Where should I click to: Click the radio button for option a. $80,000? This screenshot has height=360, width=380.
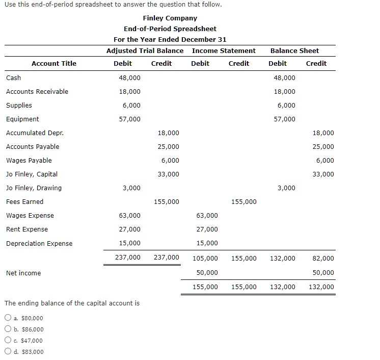click(x=8, y=318)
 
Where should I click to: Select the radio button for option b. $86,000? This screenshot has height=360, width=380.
click(x=8, y=329)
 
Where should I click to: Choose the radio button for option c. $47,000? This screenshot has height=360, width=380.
click(x=8, y=341)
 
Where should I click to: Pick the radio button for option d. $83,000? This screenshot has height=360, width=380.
click(x=8, y=352)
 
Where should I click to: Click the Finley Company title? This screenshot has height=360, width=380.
click(x=170, y=18)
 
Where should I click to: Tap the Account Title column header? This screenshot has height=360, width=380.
click(x=54, y=63)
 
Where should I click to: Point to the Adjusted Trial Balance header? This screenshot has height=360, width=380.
click(x=145, y=50)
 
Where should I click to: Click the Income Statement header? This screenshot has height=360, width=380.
click(x=224, y=50)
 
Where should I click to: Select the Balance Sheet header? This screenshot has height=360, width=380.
click(x=294, y=50)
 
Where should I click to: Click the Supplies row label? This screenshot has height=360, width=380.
click(x=19, y=105)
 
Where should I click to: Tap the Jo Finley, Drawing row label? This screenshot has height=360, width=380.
click(x=34, y=188)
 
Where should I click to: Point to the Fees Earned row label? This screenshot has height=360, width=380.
click(x=24, y=201)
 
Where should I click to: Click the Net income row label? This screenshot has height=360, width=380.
click(x=23, y=273)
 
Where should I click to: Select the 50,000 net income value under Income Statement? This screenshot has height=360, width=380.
click(x=207, y=273)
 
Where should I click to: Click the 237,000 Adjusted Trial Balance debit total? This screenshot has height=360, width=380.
click(x=128, y=258)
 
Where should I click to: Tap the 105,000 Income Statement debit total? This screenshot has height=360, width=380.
click(x=205, y=258)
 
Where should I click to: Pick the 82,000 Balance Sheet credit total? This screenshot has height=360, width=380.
click(x=323, y=258)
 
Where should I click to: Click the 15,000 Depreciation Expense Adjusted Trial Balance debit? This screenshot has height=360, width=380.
click(x=130, y=243)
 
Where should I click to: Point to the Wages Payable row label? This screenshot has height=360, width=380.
click(x=29, y=160)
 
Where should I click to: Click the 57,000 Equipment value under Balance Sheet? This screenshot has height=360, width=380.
click(x=284, y=119)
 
